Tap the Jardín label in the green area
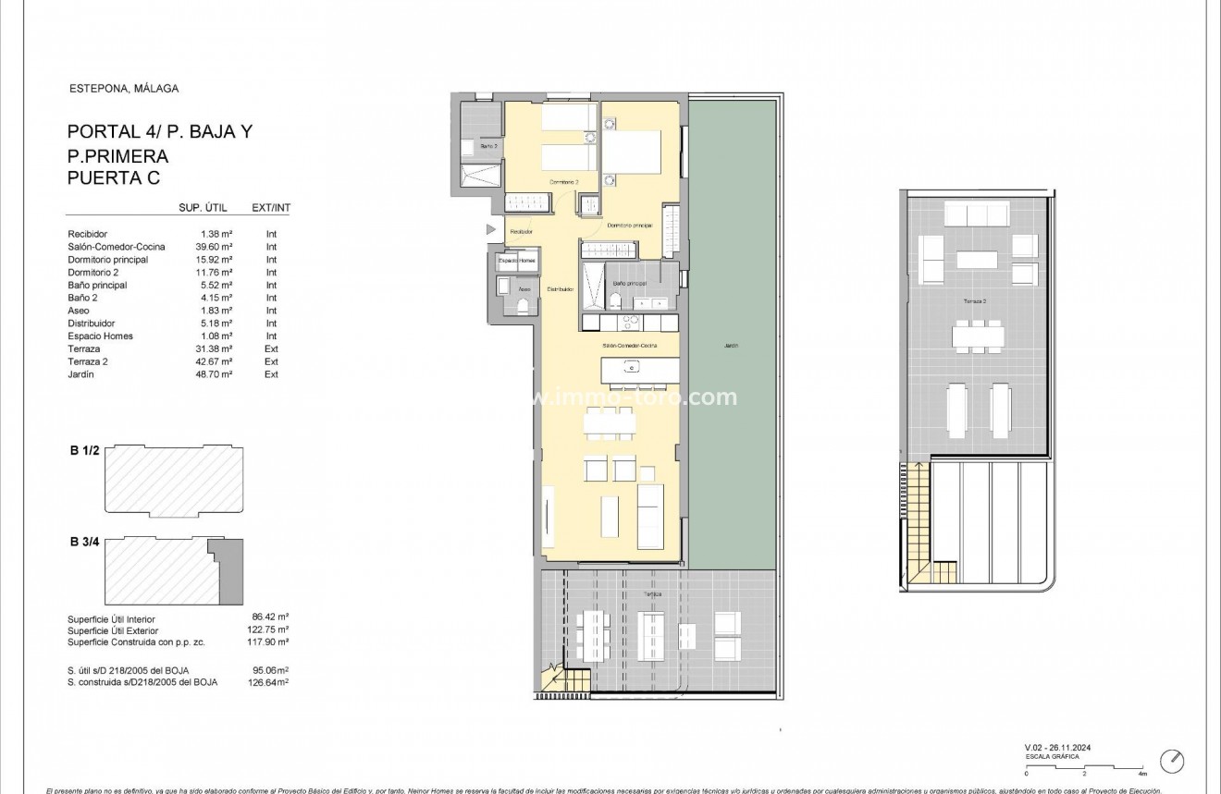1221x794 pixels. (x=731, y=346)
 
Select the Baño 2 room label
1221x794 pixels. (x=488, y=146)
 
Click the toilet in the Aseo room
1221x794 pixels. (x=522, y=306)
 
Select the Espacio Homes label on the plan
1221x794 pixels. (x=516, y=261)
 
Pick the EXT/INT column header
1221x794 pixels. (x=270, y=208)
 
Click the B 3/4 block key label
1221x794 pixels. (x=84, y=542)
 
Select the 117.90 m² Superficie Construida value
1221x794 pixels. (x=270, y=641)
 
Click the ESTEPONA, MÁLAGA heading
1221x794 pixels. (x=124, y=89)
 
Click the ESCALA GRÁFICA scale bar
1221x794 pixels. (x=1085, y=767)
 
